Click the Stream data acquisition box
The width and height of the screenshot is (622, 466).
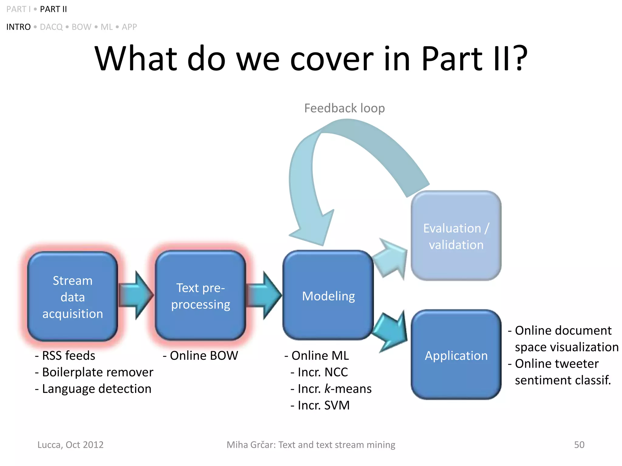(72, 297)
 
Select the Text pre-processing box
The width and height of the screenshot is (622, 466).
(200, 296)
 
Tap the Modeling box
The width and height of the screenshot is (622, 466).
(328, 296)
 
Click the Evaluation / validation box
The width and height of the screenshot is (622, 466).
(456, 236)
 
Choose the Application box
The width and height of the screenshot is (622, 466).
(456, 355)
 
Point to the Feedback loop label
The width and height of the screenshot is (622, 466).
(344, 108)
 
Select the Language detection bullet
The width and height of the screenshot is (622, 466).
(93, 389)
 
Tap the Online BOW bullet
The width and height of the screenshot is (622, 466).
(200, 356)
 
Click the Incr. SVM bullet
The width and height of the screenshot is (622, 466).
(320, 405)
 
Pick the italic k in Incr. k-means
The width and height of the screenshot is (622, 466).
(327, 389)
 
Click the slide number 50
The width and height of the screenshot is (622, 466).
(579, 445)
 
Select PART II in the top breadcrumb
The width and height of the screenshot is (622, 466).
(53, 9)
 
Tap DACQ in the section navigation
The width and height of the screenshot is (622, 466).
(51, 27)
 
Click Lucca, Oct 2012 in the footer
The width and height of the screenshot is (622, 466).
(70, 445)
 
